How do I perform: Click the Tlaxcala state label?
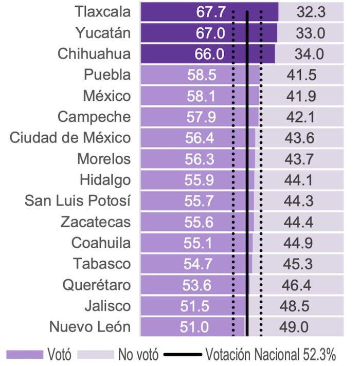[x=102, y=12]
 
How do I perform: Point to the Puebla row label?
[x=107, y=75]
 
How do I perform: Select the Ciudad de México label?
[x=70, y=138]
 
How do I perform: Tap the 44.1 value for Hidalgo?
[x=298, y=180]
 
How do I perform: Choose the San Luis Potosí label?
[x=78, y=201]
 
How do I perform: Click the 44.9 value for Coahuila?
[x=297, y=243]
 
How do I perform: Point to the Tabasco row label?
[x=102, y=264]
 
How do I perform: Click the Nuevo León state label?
[x=90, y=327]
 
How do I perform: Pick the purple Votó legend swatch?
[x=24, y=354]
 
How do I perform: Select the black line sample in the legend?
[x=183, y=354]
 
